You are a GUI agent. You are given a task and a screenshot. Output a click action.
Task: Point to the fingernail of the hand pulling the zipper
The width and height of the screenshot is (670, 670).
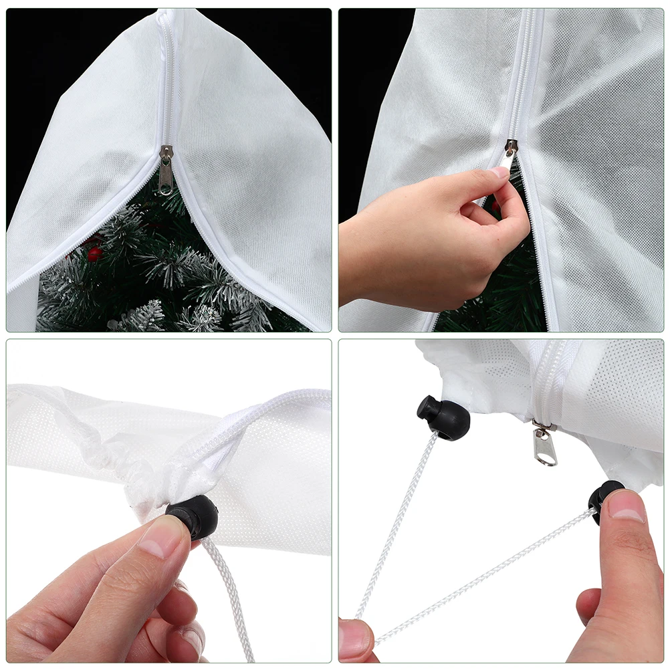(501, 173)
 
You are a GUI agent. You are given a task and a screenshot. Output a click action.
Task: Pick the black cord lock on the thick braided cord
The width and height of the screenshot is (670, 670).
(193, 517)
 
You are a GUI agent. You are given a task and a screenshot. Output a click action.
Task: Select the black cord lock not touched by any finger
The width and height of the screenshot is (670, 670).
(443, 418)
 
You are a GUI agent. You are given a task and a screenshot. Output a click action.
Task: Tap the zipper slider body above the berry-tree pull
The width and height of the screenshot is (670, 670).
(165, 153)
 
